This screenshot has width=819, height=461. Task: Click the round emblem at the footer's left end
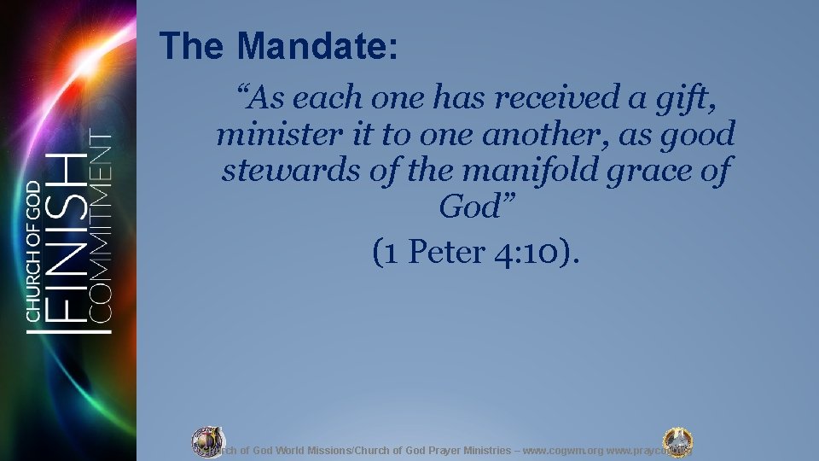(207, 440)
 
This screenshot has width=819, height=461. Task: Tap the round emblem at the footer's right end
(678, 441)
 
